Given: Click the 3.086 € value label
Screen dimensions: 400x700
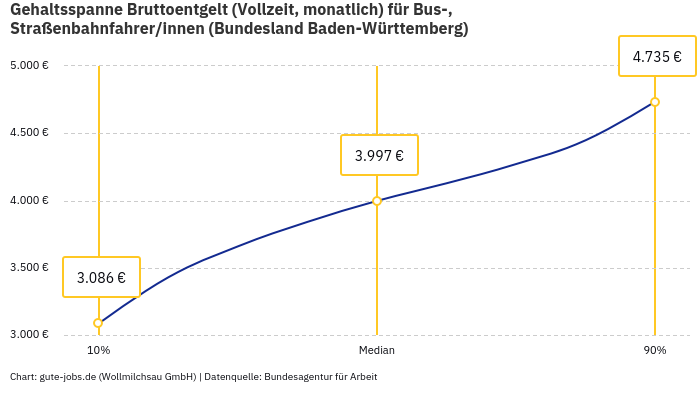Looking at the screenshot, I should click(x=101, y=277).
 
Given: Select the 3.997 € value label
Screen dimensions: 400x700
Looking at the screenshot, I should click(x=379, y=155).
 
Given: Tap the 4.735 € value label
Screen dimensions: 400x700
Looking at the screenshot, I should click(x=657, y=57).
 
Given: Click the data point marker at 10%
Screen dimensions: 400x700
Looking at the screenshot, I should click(x=98, y=323).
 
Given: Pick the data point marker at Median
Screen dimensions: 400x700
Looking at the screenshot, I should click(x=377, y=201).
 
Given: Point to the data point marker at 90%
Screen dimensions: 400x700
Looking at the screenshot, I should click(x=655, y=102).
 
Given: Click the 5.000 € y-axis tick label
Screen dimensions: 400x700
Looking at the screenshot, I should click(x=30, y=66).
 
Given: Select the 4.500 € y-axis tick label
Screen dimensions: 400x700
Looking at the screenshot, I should click(x=30, y=133).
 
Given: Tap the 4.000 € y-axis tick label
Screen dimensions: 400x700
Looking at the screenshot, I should click(x=30, y=201).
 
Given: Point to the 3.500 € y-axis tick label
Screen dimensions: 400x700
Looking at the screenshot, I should click(x=30, y=268).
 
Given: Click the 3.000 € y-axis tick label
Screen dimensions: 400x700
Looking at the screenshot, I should click(x=30, y=334).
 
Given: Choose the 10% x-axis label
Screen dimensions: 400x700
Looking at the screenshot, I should click(x=98, y=350).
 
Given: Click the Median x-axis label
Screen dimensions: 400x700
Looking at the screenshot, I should click(x=377, y=350).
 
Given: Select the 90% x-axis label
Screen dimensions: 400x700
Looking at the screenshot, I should click(x=655, y=350).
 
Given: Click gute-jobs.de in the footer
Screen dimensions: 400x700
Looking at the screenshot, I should click(x=67, y=377).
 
